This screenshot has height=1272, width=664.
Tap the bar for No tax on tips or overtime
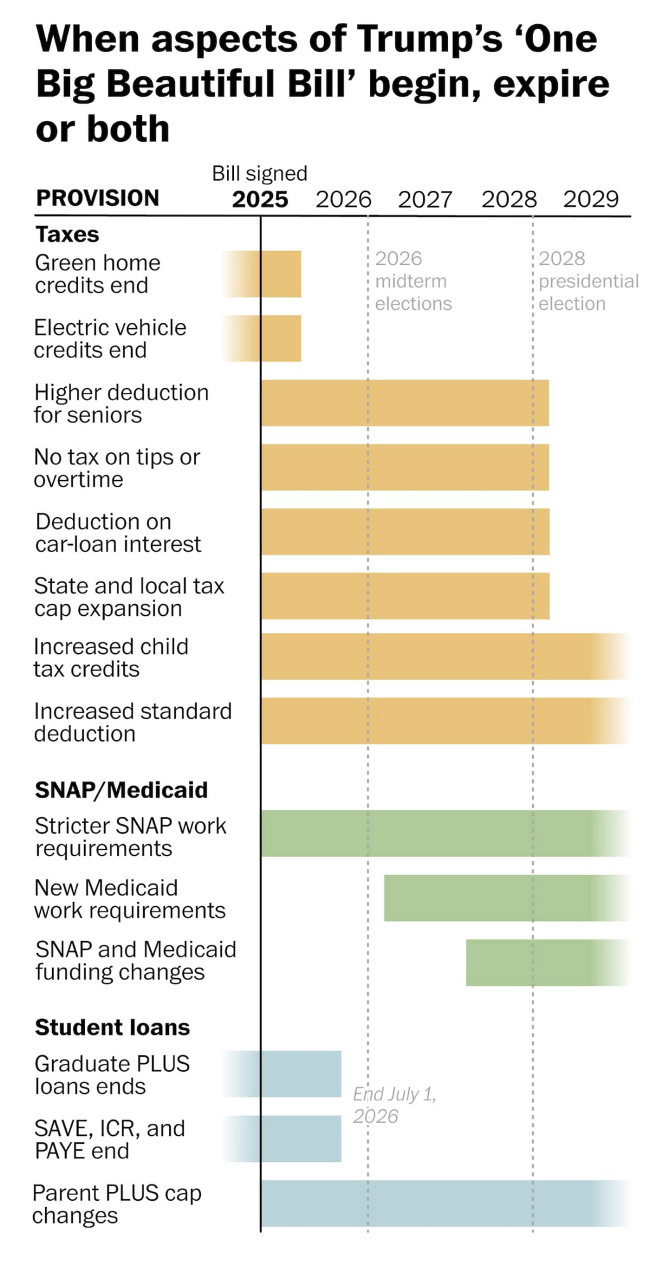click(405, 467)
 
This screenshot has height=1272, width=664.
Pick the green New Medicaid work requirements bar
click(502, 898)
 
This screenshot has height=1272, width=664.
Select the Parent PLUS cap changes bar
click(438, 1203)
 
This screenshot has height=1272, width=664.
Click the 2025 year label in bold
click(260, 200)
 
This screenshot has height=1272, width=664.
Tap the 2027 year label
click(425, 200)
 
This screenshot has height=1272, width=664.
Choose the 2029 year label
click(591, 200)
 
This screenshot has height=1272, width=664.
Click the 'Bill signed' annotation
click(260, 173)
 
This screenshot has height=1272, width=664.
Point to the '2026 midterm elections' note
click(412, 281)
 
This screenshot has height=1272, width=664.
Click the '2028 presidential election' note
click(588, 281)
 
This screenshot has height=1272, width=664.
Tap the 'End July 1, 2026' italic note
click(394, 1105)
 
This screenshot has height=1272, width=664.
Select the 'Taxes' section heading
click(67, 235)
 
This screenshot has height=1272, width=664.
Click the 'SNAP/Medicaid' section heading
click(121, 790)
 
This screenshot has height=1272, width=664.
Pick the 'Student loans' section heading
click(112, 1027)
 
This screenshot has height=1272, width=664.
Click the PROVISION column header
click(97, 198)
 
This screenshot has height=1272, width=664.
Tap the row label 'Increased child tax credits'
click(111, 658)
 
